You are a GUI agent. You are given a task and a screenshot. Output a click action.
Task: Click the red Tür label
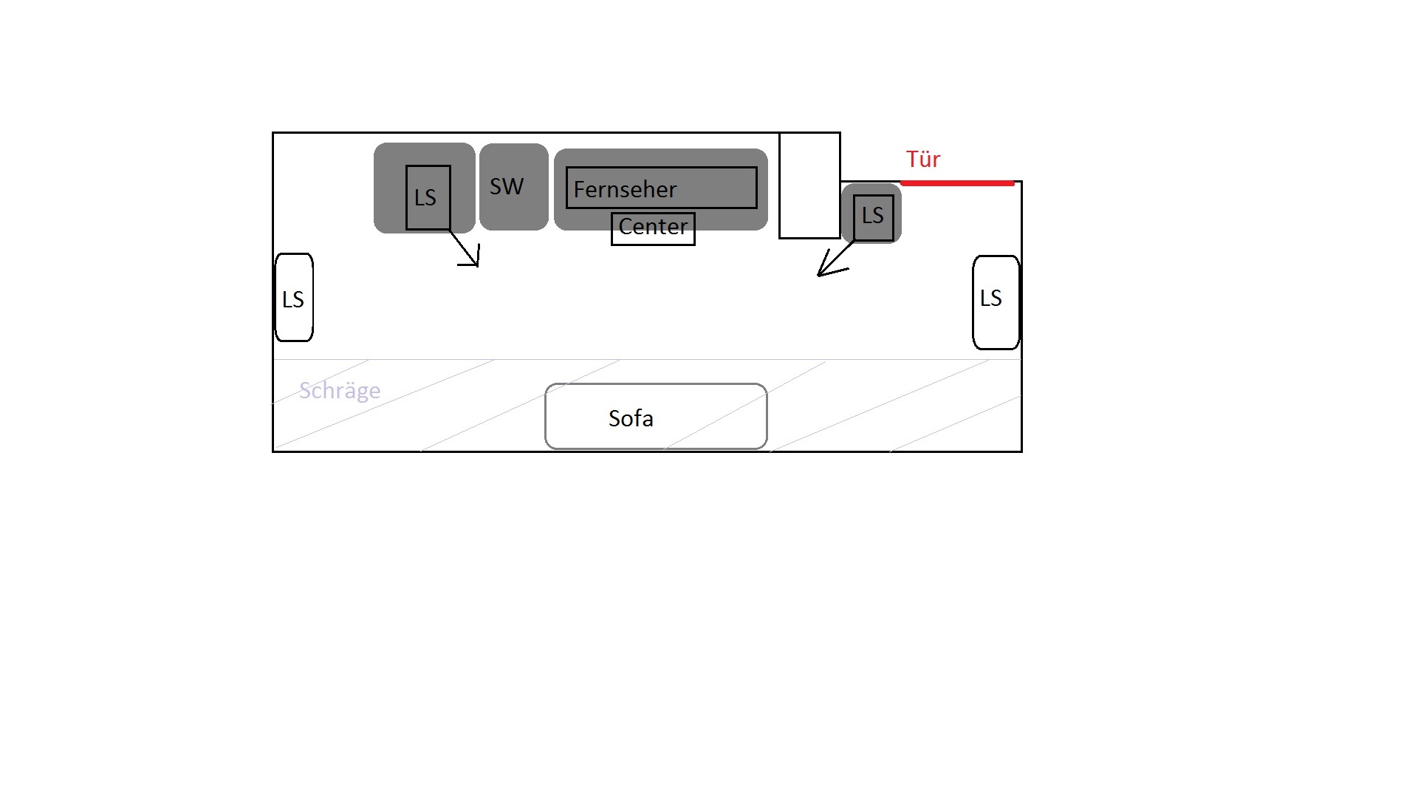tap(923, 159)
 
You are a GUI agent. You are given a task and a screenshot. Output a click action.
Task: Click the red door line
tap(957, 183)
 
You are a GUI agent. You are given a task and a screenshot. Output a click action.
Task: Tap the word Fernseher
tap(625, 190)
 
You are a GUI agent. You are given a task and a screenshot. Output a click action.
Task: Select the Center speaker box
tap(653, 228)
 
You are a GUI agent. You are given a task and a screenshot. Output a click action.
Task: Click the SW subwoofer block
tap(514, 187)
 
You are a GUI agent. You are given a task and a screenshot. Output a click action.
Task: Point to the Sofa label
tap(631, 418)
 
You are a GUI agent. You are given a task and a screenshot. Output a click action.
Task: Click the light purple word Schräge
tap(340, 390)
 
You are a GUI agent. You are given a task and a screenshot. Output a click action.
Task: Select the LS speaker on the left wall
tap(294, 298)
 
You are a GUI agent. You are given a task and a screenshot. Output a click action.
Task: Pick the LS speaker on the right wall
tap(996, 302)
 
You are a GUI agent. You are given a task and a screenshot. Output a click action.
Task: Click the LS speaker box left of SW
tap(428, 197)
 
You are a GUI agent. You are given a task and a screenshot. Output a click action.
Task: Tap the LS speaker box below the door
tap(874, 218)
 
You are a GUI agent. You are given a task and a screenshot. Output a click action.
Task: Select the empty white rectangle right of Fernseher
tap(809, 185)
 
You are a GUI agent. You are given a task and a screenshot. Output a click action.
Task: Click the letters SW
tap(507, 186)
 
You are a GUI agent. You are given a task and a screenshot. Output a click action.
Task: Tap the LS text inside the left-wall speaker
tap(293, 299)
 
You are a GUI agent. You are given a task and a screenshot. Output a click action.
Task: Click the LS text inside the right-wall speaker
tap(990, 298)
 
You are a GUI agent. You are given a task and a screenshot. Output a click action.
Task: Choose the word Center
tap(653, 227)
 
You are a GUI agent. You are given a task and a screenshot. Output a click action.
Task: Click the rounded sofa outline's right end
tap(767, 416)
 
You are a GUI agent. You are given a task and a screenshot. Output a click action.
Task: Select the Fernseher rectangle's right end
tap(757, 188)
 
